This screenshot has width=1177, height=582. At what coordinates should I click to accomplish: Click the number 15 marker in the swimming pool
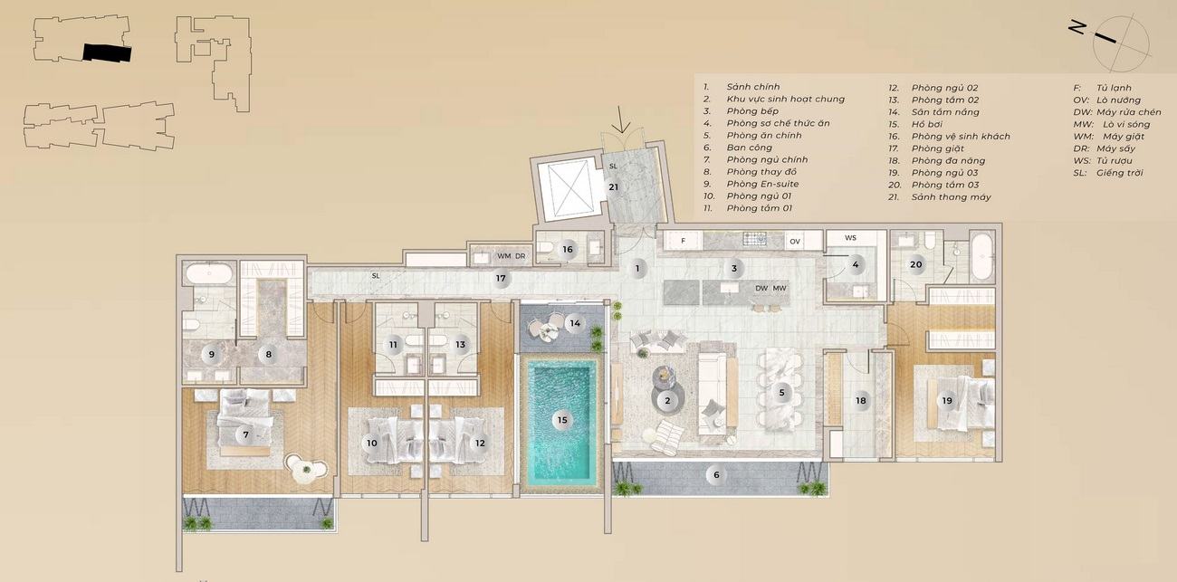point(562,420)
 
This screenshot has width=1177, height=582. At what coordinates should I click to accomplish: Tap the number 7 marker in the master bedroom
point(245,434)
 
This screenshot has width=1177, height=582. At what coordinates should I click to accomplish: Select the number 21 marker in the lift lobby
point(614,186)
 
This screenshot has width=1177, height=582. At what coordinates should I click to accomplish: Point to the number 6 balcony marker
point(716,475)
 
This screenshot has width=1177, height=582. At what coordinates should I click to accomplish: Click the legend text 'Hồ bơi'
point(927,124)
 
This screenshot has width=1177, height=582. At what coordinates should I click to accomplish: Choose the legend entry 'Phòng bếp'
point(752,110)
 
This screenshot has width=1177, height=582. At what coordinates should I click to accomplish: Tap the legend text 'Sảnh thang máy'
point(951,197)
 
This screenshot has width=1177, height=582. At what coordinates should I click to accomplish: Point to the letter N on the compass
point(1078,27)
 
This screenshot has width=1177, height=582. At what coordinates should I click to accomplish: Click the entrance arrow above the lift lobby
point(622,119)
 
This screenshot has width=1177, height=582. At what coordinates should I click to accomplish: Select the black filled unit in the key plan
point(107,52)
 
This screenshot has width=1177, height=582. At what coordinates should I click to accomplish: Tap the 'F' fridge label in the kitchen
point(683,241)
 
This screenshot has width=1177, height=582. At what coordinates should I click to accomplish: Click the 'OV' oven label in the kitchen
point(795,242)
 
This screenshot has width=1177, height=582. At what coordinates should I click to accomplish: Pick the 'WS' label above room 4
point(851,237)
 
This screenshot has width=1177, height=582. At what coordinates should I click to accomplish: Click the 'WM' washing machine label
point(504,256)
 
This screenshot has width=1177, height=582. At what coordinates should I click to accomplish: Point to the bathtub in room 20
point(981,257)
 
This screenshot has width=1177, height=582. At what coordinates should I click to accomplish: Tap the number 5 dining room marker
point(782,393)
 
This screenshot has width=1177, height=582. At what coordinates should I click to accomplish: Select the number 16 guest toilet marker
point(568,249)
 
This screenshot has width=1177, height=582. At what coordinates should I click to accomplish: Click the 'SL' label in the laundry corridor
point(375,276)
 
